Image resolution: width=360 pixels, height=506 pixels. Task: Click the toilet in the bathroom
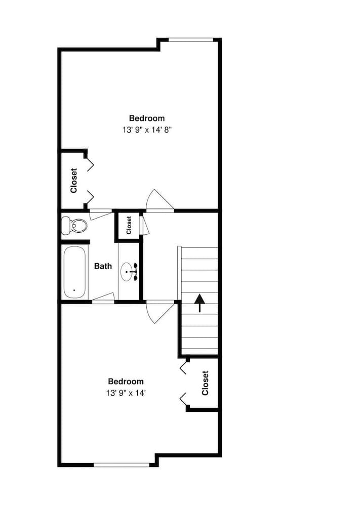pyautogui.click(x=74, y=225)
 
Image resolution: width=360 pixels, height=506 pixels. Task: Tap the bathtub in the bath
pyautogui.click(x=75, y=272)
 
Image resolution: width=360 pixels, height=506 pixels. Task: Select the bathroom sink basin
pyautogui.click(x=128, y=272)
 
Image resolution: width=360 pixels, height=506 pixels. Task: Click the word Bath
pyautogui.click(x=103, y=266)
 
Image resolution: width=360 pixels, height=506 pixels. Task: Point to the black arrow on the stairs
pyautogui.click(x=200, y=303)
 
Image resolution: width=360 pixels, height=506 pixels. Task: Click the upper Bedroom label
pyautogui.click(x=147, y=118)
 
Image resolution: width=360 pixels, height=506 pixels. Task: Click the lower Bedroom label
pyautogui.click(x=126, y=382)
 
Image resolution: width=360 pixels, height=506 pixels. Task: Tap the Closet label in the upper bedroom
pyautogui.click(x=74, y=181)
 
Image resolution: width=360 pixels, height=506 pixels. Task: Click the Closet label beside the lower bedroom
pyautogui.click(x=205, y=383)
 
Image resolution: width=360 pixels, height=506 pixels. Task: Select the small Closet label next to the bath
pyautogui.click(x=129, y=225)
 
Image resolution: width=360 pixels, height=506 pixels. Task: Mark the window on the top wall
pyautogui.click(x=190, y=39)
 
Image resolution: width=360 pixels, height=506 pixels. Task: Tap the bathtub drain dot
pyautogui.click(x=74, y=290)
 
